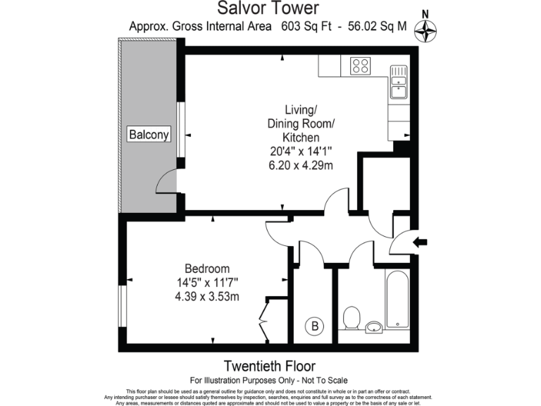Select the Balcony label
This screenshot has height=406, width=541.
tap(149, 134)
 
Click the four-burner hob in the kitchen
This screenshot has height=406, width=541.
tap(361, 66)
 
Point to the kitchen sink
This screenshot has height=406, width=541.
tap(399, 81)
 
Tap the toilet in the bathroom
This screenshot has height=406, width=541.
tap(350, 318)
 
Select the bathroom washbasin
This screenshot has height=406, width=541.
tap(374, 326)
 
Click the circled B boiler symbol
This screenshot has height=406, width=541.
tap(316, 326)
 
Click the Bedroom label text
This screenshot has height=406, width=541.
tap(207, 269)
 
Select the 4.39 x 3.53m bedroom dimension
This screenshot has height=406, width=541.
tap(207, 296)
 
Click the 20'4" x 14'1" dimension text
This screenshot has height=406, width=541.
tap(301, 151)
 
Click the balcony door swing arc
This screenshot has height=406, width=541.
tap(166, 183)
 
